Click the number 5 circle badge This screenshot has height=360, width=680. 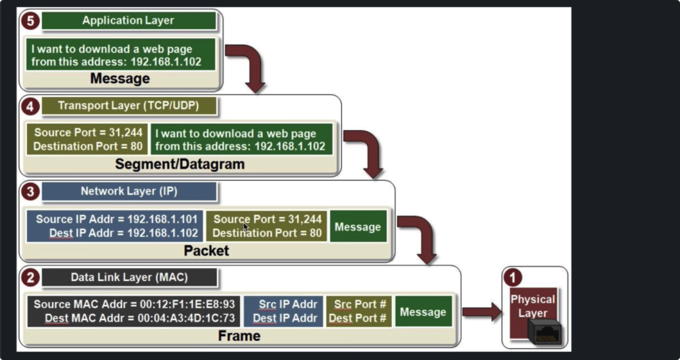tap(30, 21)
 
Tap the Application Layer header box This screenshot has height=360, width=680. tap(129, 21)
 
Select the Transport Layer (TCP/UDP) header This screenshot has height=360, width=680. tap(129, 106)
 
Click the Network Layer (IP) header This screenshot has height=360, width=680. tap(129, 191)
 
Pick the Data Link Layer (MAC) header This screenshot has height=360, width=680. tap(129, 278)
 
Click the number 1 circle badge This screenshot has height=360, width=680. tap(513, 278)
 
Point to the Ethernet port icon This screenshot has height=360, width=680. tap(545, 332)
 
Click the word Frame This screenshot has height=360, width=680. tap(239, 336)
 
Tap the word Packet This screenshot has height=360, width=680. tap(207, 251)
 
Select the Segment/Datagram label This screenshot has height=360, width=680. tap(180, 164)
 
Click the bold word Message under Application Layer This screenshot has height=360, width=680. tap(120, 78)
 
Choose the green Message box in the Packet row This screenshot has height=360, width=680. tap(358, 226)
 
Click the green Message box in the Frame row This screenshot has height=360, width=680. tap(423, 311)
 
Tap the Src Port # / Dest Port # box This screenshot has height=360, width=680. tap(358, 311)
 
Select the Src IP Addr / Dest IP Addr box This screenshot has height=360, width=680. tap(284, 311)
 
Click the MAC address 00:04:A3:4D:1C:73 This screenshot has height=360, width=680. tap(187, 318)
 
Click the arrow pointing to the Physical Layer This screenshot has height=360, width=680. tap(482, 312)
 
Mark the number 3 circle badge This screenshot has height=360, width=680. tap(30, 191)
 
